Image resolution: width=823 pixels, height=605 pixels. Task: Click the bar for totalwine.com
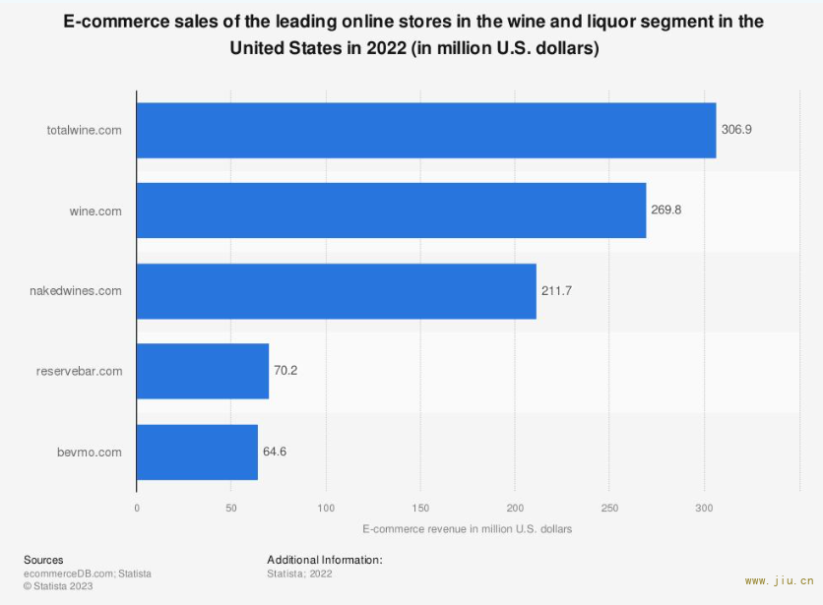[425, 130]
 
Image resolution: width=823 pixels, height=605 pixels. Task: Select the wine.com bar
[391, 211]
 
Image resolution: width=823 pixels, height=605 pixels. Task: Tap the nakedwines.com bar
[336, 291]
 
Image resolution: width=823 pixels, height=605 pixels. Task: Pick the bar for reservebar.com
[202, 371]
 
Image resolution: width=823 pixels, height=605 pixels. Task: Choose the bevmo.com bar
[197, 452]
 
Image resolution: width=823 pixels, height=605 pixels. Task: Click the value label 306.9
[736, 130]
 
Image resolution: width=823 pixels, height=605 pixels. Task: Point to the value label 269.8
[666, 211]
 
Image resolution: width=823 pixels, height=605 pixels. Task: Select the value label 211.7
[556, 291]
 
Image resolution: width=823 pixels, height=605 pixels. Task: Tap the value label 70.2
[285, 371]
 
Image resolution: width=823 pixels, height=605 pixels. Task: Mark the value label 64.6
[275, 452]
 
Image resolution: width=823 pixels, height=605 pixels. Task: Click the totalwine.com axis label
[85, 130]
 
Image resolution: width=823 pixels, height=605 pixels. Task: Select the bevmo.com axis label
[91, 452]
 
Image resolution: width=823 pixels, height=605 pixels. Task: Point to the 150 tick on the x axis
[420, 508]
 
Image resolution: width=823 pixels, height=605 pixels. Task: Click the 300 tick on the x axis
[704, 508]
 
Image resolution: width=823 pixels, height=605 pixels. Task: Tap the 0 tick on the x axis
[137, 508]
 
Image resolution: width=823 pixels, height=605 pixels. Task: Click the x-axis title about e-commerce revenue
[467, 529]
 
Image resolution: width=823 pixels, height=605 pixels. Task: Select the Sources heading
[43, 560]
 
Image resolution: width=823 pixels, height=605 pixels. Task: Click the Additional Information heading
[324, 560]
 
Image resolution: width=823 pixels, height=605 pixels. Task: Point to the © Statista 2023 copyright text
[58, 585]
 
